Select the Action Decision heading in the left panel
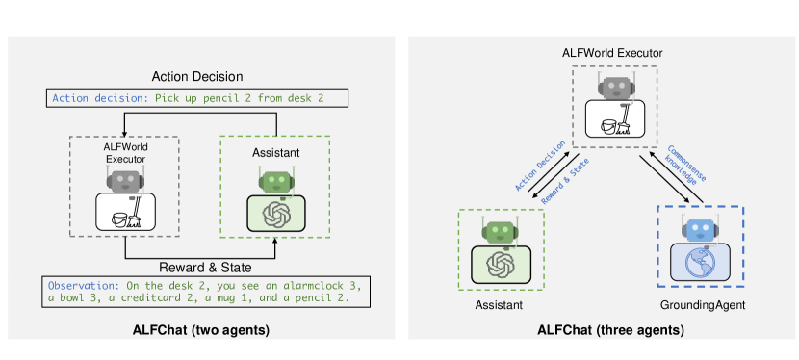[197, 76]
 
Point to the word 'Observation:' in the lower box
[82, 286]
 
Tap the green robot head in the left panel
[275, 180]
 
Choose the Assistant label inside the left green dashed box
[275, 152]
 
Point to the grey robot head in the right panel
[614, 89]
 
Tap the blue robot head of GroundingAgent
[700, 229]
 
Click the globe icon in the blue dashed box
[700, 262]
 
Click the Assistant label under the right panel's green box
[499, 305]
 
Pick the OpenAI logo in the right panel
[500, 263]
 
